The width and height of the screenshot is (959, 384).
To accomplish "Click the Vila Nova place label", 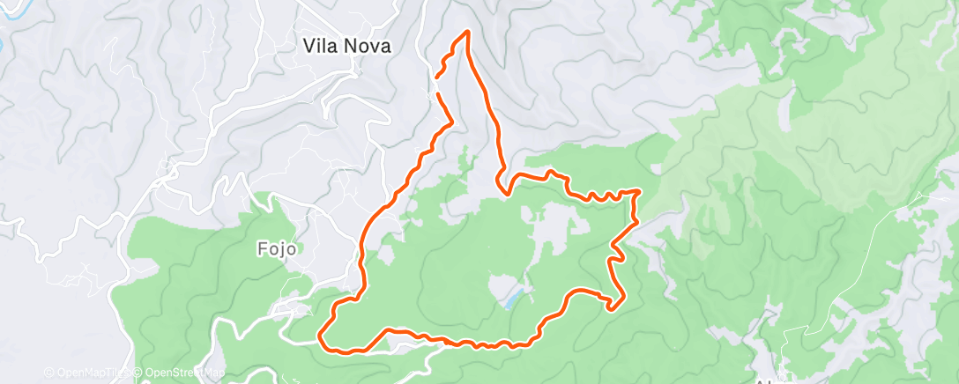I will (x=346, y=46).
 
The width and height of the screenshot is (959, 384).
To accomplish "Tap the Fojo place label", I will (x=275, y=248).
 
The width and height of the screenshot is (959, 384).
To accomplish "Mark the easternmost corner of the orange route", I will (x=636, y=191).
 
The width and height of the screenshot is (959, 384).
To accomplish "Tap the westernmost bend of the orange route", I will (x=320, y=337).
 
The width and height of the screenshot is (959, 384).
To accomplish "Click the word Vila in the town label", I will (x=320, y=46).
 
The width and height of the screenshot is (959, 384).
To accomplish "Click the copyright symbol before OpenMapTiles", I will (x=48, y=373).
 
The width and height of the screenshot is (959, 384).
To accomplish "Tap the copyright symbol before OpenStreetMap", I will (x=139, y=373).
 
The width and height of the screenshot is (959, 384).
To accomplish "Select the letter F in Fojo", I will (x=262, y=248).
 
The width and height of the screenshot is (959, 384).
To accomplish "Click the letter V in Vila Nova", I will (x=309, y=46).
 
